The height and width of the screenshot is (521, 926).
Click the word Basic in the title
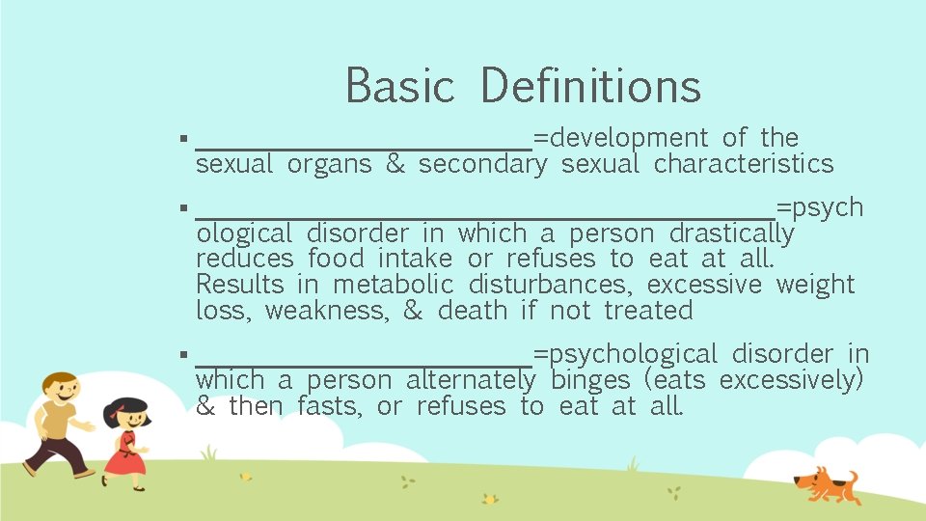[x=399, y=85]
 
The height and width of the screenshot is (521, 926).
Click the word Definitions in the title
[x=589, y=85]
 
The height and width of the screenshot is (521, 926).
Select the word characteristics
[x=743, y=164]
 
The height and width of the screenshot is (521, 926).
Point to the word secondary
[x=482, y=165]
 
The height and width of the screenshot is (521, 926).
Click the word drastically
[x=731, y=234]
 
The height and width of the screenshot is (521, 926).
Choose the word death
[x=473, y=311]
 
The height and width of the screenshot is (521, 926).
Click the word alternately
[x=470, y=381]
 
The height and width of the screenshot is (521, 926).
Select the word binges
[x=589, y=381]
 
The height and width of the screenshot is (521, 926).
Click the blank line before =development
[x=364, y=148]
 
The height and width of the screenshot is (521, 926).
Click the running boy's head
[x=60, y=389]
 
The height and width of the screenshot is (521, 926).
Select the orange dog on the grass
[x=824, y=482]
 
